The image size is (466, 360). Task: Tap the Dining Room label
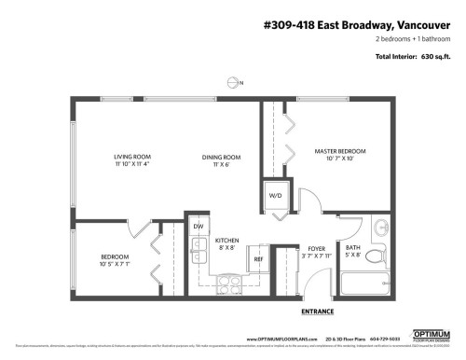click(x=221, y=160)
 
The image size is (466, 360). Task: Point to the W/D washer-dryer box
click(x=276, y=197)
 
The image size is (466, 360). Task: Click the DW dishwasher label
click(x=199, y=227)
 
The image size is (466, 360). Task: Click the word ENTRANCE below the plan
click(x=314, y=311)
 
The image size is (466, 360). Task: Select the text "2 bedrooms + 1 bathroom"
click(x=410, y=40)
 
